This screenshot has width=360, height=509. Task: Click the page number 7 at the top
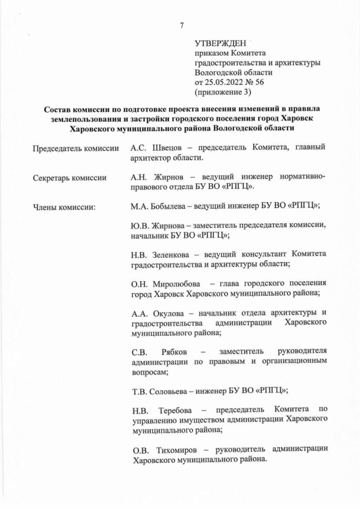point(182,25)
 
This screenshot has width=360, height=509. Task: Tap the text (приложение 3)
point(222,91)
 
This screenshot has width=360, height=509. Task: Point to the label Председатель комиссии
point(75,148)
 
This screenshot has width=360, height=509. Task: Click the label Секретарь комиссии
point(69,178)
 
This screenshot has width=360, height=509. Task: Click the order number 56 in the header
point(259,82)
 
